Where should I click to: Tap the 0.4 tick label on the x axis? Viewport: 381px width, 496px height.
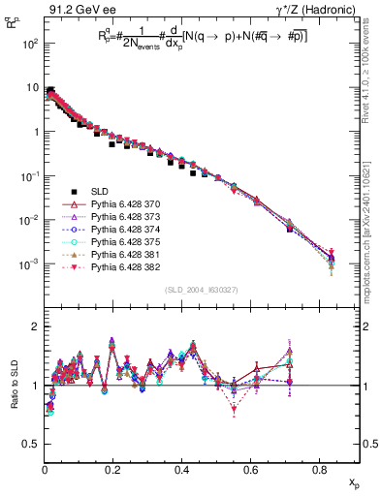point(182,470)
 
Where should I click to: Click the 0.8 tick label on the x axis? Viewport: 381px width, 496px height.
point(319,470)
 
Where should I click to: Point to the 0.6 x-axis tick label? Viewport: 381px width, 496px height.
point(251,470)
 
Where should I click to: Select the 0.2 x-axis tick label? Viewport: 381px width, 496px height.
point(113,470)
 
